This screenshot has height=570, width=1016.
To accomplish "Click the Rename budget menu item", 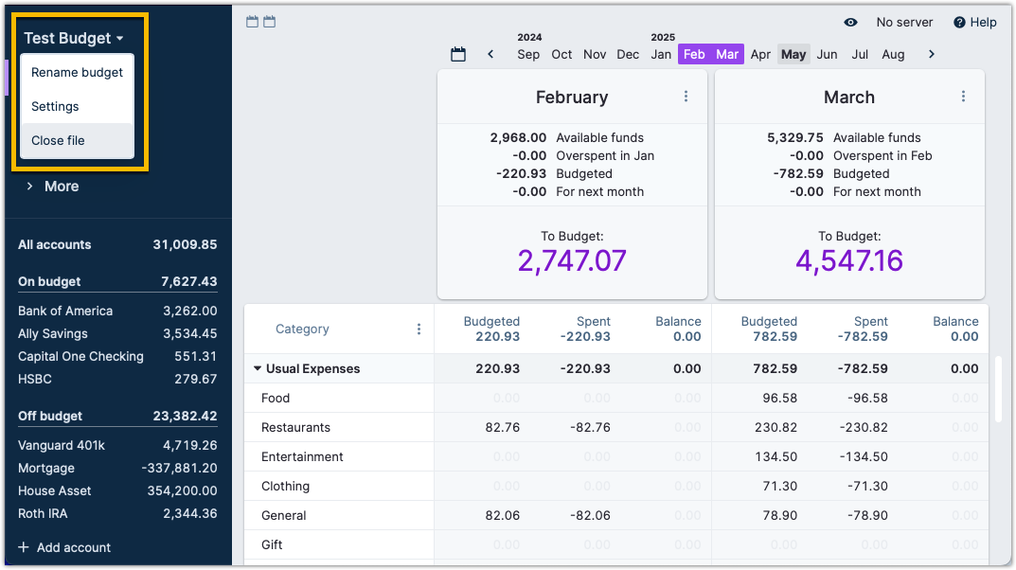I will point(77,72).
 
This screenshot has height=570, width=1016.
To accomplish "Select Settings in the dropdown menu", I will point(55,106).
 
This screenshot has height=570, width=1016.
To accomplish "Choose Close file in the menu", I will point(58,140).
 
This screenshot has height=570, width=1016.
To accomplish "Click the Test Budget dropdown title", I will point(74,39).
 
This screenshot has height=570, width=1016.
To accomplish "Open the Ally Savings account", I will point(53,333).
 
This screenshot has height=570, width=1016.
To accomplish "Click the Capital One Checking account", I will point(80,356).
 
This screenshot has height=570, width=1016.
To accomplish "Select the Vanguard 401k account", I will point(60,445).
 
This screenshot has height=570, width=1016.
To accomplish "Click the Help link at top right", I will point(975,22).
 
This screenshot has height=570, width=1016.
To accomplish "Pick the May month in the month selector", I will point(793,54).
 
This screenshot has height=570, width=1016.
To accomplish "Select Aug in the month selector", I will point(893,54).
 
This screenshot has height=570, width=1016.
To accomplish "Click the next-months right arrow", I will point(932,54).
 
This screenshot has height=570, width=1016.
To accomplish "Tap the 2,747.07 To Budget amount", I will point(572,260).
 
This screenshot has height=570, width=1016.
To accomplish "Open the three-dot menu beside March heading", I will point(963,97).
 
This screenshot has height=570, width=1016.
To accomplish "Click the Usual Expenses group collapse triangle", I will point(257,369).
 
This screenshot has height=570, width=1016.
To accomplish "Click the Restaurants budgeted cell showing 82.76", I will point(504,427).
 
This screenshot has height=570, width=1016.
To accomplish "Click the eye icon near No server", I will point(850,22).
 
